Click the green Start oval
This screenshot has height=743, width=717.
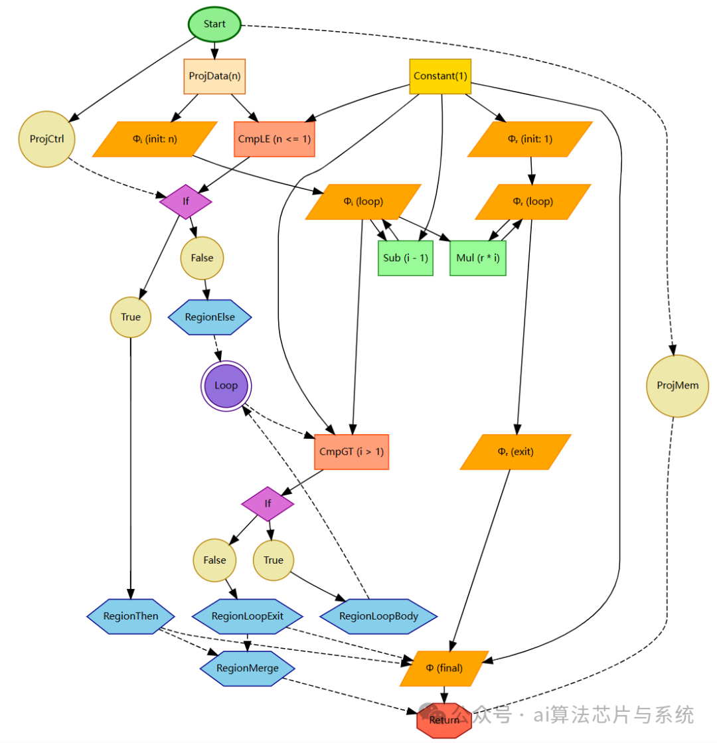(x=214, y=24)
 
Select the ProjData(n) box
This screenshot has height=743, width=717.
(x=214, y=76)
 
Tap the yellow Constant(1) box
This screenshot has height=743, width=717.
(x=440, y=76)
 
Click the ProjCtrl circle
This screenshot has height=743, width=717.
(x=47, y=138)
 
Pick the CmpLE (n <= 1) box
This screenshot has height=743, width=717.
(x=274, y=139)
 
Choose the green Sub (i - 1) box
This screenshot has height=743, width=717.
(x=406, y=258)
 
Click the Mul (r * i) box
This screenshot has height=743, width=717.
(x=478, y=258)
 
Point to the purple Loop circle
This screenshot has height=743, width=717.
(x=226, y=386)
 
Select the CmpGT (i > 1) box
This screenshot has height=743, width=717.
(x=351, y=452)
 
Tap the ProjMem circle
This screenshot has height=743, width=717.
(x=673, y=386)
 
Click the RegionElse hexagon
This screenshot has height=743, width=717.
(x=210, y=317)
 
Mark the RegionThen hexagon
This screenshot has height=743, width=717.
(x=131, y=616)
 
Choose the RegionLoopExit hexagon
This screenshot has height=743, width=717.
(x=248, y=616)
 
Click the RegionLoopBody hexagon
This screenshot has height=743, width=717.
(x=378, y=616)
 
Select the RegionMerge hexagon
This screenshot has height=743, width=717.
(x=248, y=667)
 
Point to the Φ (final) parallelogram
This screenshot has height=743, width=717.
(x=444, y=667)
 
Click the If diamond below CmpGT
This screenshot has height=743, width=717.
(x=268, y=503)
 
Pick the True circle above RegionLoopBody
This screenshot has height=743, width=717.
(x=274, y=560)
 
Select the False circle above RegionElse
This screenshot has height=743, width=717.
(x=202, y=258)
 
